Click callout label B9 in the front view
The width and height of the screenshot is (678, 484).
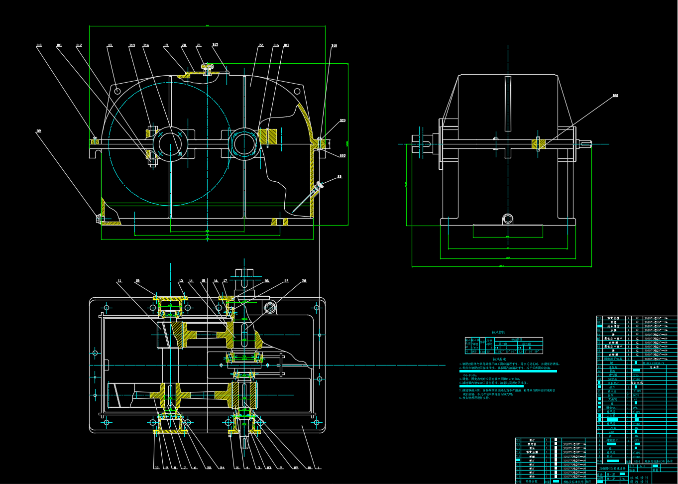tap(38, 131)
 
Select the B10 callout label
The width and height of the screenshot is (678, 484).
tap(39, 45)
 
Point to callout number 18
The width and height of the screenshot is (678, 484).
tap(110, 45)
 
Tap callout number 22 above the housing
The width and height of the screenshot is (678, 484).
tap(260, 45)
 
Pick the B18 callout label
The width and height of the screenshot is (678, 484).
tap(334, 46)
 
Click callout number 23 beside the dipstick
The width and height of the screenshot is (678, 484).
tap(339, 176)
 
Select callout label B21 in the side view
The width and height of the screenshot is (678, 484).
tap(615, 96)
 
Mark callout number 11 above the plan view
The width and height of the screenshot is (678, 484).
tap(119, 281)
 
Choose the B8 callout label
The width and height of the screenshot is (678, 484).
tap(304, 281)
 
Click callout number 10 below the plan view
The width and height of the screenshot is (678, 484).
tap(156, 468)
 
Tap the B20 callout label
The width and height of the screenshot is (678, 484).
tap(342, 156)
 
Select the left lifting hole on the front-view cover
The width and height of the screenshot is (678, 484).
tap(117, 91)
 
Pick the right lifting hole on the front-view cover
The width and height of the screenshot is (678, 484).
tap(297, 91)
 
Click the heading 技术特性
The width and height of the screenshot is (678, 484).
tap(498, 332)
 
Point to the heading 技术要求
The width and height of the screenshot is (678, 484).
tap(499, 359)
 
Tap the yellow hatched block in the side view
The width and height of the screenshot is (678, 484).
tap(538, 144)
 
